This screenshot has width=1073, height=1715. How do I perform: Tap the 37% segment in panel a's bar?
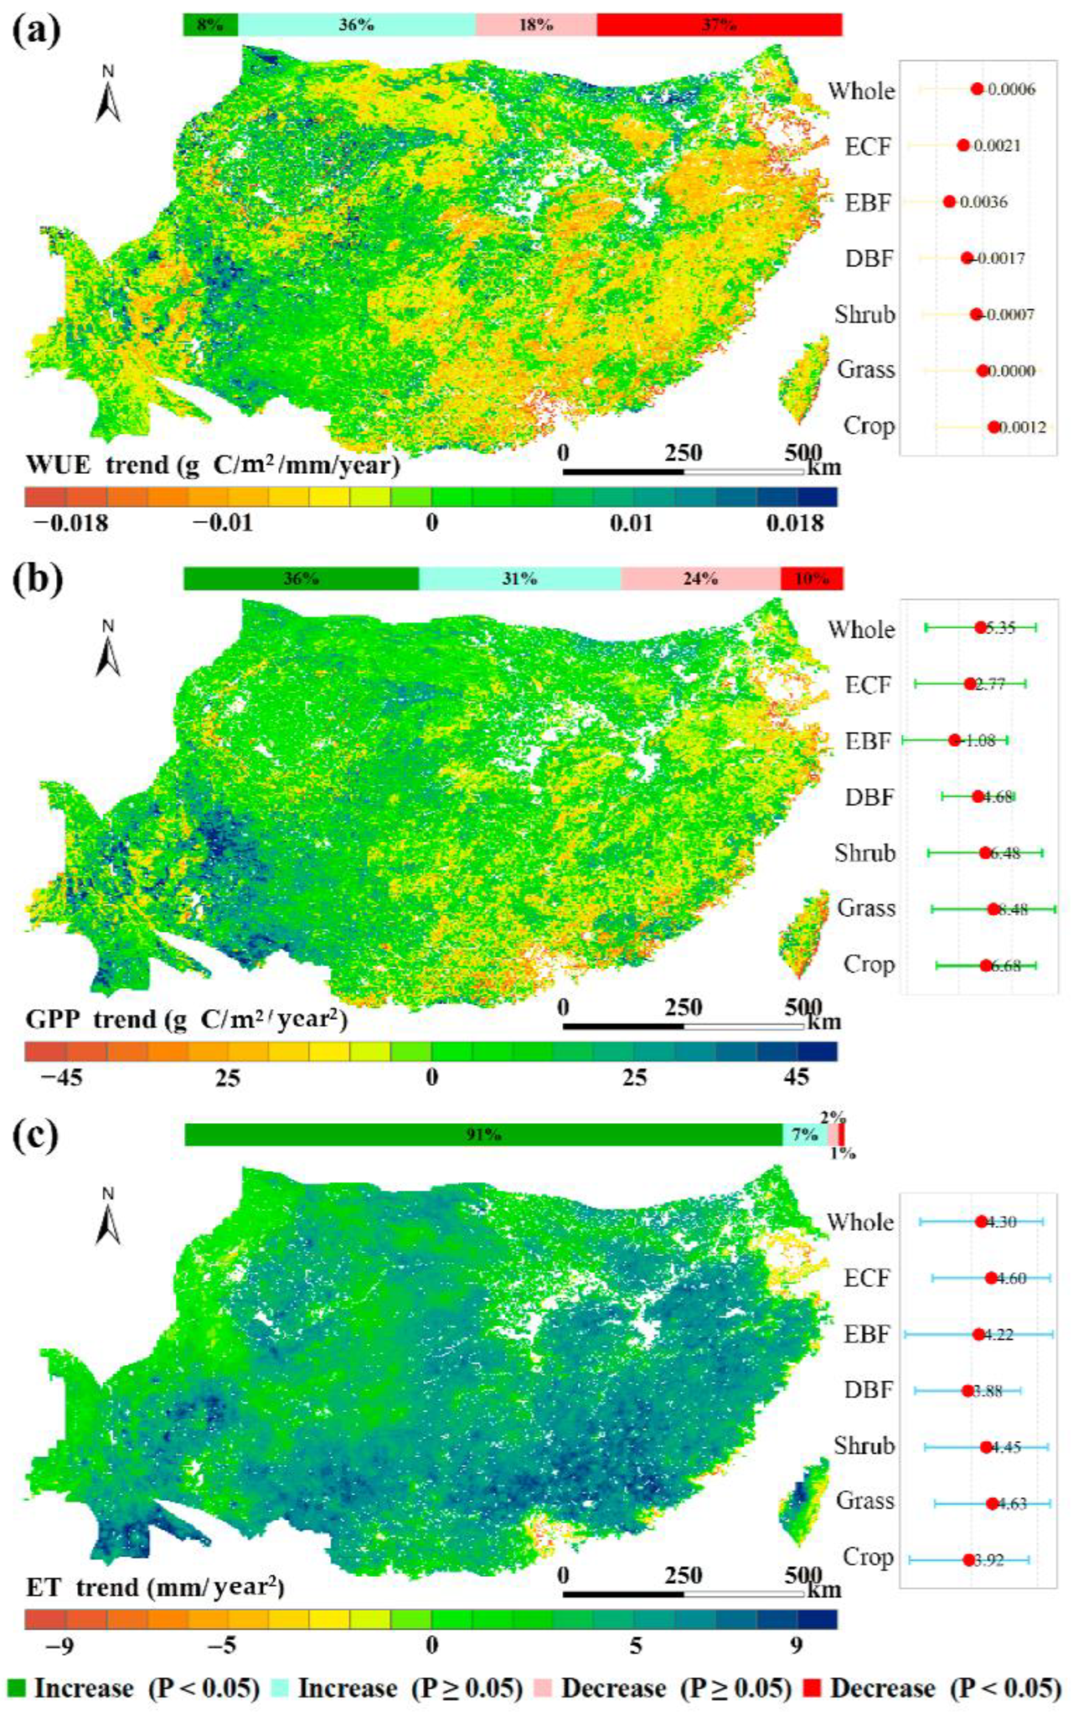pyautogui.click(x=719, y=25)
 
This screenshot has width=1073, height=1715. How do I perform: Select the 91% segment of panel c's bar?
pyautogui.click(x=483, y=1135)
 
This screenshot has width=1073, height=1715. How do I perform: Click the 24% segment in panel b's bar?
pyautogui.click(x=700, y=579)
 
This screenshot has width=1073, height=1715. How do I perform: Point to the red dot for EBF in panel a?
pyautogui.click(x=949, y=202)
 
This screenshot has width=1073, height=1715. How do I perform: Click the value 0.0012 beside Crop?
pyautogui.click(x=1023, y=427)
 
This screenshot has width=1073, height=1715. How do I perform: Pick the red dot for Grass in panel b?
pyautogui.click(x=993, y=909)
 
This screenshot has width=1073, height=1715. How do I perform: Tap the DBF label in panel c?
pyautogui.click(x=868, y=1390)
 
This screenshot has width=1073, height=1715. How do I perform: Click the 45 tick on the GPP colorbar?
pyautogui.click(x=796, y=1077)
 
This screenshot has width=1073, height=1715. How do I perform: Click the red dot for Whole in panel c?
pyautogui.click(x=981, y=1222)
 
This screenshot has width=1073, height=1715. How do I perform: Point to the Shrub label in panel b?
pyautogui.click(x=865, y=852)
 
